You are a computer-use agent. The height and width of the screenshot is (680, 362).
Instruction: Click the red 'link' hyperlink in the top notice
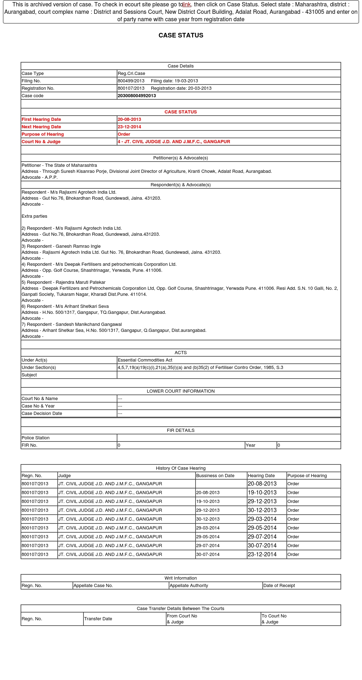coord(187,5)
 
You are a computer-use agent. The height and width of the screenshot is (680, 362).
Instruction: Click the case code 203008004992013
coord(137,96)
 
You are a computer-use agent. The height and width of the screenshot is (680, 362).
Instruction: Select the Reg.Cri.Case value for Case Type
coord(132,74)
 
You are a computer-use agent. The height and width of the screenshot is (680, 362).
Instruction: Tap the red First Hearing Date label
coord(41,119)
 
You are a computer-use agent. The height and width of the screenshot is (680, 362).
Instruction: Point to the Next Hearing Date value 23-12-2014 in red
coord(129,127)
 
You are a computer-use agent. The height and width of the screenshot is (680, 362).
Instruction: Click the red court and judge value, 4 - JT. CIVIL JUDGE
coord(174,142)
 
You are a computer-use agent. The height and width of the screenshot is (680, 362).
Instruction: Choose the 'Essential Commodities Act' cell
coord(145,360)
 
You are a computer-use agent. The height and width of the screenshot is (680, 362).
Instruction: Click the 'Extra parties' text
coord(34,216)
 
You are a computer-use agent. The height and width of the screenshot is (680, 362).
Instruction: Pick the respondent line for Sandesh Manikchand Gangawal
coord(72,324)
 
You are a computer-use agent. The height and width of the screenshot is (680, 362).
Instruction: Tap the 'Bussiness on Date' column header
coord(215,476)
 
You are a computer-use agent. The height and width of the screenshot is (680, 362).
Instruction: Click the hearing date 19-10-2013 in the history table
coord(262,493)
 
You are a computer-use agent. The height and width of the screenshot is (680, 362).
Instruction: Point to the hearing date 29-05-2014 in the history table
coord(262,528)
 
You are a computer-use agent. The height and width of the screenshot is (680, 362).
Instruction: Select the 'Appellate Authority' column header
coord(189,586)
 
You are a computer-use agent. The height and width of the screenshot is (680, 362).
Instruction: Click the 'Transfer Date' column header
coord(98,619)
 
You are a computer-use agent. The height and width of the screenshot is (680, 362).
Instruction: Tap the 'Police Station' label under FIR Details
coord(35,438)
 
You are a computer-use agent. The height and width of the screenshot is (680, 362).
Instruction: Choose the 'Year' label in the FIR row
coord(250,445)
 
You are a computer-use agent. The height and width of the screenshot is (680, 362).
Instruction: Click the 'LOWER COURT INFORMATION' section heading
coord(181,391)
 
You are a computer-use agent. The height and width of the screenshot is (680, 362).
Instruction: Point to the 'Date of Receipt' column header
coord(279,586)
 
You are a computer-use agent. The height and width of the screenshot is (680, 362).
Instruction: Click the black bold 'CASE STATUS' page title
coord(181,35)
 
